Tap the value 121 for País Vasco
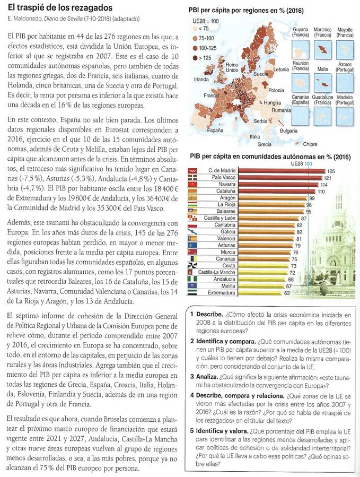[x=327, y=178]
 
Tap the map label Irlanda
[x=201, y=79]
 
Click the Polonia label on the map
[x=276, y=90]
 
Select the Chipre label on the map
[x=310, y=143]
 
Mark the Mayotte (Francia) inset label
[x=345, y=32]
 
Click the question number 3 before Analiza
[x=192, y=376]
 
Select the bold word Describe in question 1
[x=213, y=314]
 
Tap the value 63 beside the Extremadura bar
[x=287, y=292]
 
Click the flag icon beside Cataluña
[x=193, y=191]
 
